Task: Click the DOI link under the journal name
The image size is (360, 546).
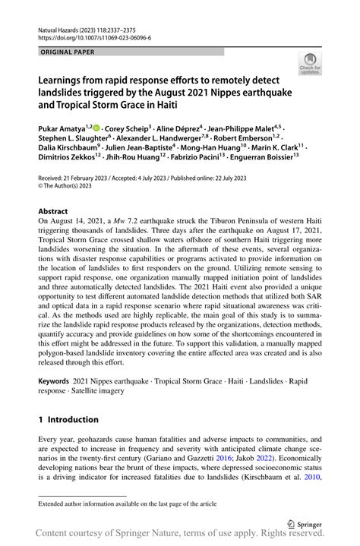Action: coord(93,36)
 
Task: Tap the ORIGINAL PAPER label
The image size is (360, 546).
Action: coord(66,52)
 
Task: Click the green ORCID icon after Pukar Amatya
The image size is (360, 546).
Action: coord(97,128)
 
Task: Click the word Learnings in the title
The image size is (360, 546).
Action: coord(65,79)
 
